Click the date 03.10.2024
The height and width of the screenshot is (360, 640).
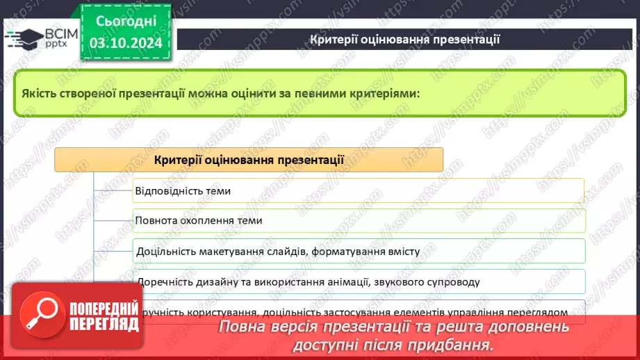click(125, 43)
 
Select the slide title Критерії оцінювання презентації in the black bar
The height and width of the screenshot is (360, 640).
click(404, 39)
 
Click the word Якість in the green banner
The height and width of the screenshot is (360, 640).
click(40, 92)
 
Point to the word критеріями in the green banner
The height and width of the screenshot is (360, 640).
click(386, 92)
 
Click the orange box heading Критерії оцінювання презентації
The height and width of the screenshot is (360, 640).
click(249, 160)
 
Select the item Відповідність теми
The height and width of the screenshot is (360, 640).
click(183, 190)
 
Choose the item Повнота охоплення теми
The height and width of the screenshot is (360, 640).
click(199, 220)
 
